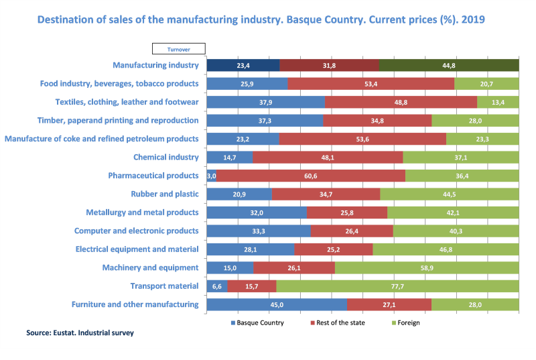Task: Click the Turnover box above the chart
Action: point(178,49)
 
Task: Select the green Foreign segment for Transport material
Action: point(397,286)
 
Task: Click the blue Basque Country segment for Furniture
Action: point(276,304)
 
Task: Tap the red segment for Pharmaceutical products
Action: point(310,176)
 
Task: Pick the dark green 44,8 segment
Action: point(448,65)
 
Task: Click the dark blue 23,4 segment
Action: point(243,65)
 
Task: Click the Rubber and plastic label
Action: point(164,194)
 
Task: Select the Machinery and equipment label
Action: point(150,267)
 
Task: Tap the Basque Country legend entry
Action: point(257,323)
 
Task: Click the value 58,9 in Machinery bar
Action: point(426,267)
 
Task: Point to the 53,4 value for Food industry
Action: point(371,84)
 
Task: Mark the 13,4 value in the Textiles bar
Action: point(497,102)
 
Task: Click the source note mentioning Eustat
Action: point(80,333)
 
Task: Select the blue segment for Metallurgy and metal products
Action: point(256,213)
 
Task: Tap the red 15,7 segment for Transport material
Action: point(251,286)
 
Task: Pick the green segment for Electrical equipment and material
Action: point(446,249)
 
